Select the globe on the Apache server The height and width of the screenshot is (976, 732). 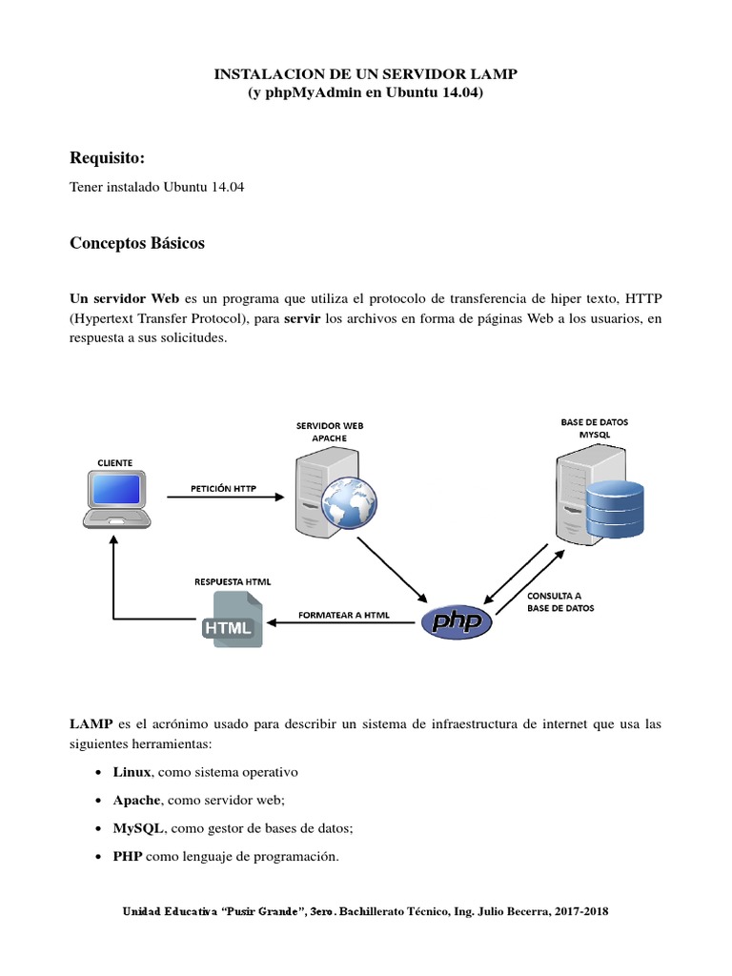tap(344, 503)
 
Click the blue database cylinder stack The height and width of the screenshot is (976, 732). tap(615, 508)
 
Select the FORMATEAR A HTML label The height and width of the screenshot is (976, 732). tap(343, 614)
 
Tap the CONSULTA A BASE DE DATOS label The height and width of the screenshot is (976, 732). tap(559, 601)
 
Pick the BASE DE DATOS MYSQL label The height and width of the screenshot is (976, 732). tap(594, 427)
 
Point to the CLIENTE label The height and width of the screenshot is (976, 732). tap(115, 462)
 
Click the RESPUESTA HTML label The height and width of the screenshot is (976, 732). tap(232, 580)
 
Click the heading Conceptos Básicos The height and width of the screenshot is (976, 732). tap(137, 243)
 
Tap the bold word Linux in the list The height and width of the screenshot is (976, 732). tap(132, 771)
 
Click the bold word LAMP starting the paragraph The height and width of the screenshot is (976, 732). tap(91, 725)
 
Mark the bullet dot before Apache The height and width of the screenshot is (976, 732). tap(101, 801)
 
